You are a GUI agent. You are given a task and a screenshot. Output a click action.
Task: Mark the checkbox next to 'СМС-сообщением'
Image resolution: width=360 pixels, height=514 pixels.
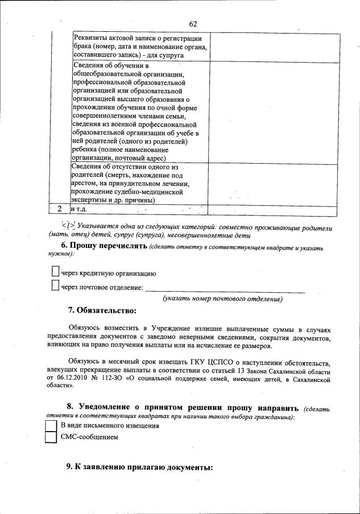click(51, 438)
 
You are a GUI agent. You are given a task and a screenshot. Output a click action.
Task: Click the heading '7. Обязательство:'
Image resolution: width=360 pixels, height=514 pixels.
click(102, 310)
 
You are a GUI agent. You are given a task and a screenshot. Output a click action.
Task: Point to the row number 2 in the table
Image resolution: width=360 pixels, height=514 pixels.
click(59, 209)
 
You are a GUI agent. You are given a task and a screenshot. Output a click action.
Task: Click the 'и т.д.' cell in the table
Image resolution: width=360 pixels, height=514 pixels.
click(82, 209)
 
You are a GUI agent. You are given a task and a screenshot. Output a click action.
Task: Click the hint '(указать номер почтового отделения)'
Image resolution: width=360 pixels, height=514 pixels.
click(222, 299)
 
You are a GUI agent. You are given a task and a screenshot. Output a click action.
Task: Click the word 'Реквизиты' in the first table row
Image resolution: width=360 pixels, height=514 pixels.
click(92, 38)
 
